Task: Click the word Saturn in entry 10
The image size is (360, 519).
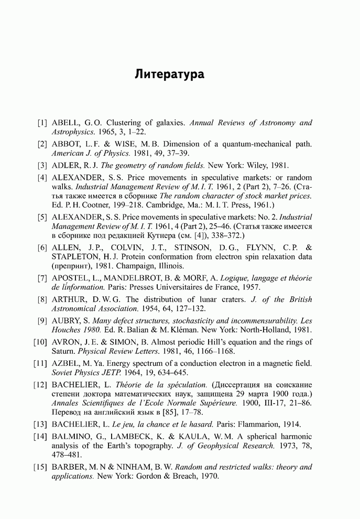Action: click(x=64, y=351)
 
